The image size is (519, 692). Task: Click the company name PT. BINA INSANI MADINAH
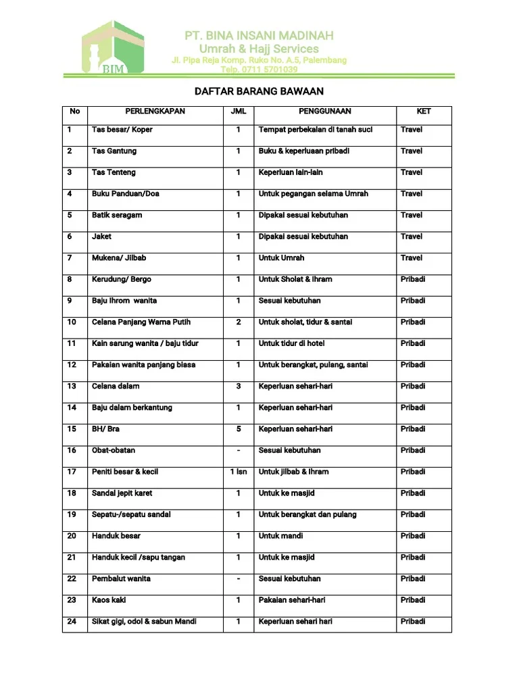coord(259,35)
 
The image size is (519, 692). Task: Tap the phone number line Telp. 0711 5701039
coord(259,70)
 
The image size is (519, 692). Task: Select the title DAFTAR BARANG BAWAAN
coord(259,91)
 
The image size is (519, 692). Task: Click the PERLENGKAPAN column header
coord(155,112)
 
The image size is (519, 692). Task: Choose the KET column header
coord(424,112)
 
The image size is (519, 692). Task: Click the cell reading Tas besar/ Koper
coord(122,130)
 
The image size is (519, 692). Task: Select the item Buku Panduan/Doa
coord(126,194)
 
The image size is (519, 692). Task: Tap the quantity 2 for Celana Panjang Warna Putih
coord(239,322)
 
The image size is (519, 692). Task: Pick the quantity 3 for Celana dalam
coord(239,387)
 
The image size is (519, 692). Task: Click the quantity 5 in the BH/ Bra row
coord(239,429)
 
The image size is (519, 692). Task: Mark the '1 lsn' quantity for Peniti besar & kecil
coord(239,472)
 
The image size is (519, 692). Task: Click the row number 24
coord(72,622)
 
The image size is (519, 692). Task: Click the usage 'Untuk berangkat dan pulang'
coord(307,515)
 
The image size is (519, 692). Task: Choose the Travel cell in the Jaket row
coord(412,237)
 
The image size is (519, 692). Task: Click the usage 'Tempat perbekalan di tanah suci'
coord(316,130)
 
